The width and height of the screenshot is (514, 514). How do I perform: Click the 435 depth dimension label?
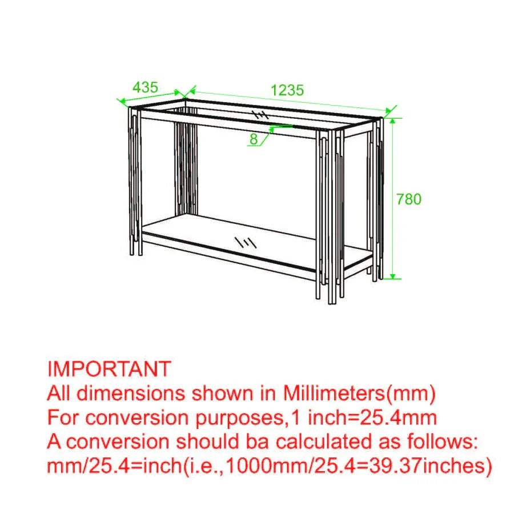tap(145, 87)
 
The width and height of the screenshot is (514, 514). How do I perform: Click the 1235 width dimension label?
tap(287, 90)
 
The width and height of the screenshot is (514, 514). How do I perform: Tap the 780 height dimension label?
tap(408, 199)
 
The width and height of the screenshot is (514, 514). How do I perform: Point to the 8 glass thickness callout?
tap(254, 138)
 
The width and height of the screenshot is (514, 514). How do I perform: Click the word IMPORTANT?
tap(109, 368)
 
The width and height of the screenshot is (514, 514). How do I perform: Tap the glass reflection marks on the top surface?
tap(259, 114)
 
